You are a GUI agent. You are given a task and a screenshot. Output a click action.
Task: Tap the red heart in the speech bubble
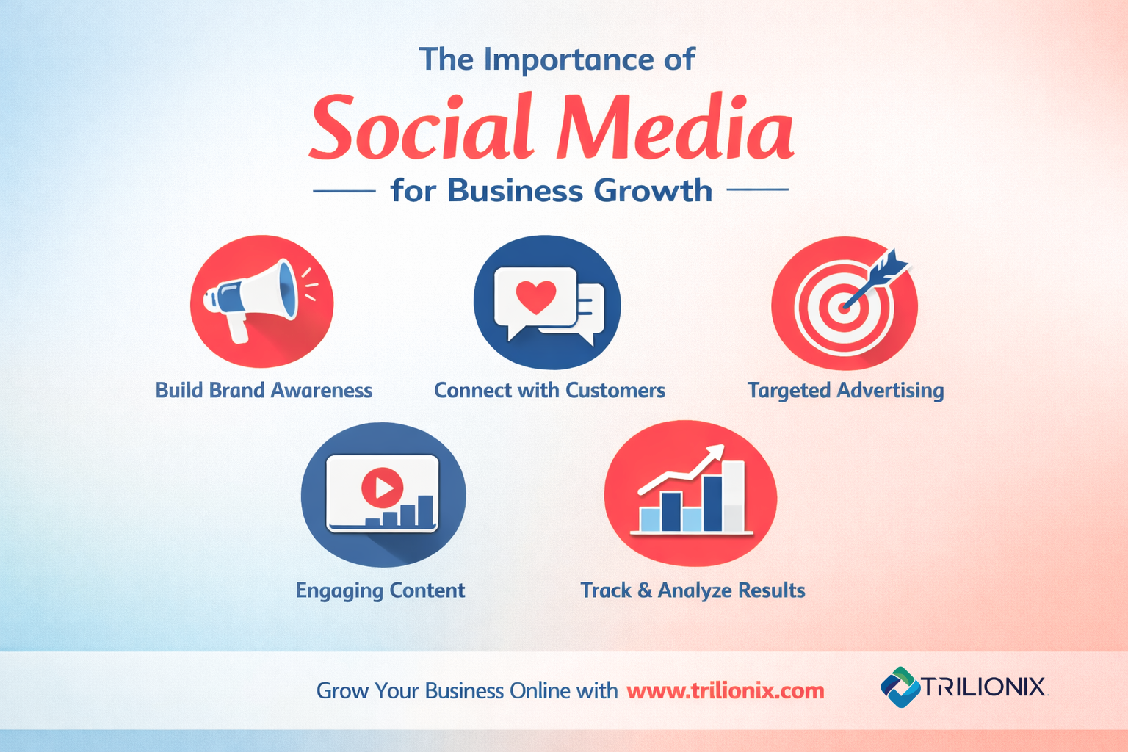[535, 296]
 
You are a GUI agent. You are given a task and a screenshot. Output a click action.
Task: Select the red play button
[382, 486]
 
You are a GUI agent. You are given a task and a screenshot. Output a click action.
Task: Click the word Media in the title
[675, 129]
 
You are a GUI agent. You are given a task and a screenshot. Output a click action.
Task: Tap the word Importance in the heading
[570, 59]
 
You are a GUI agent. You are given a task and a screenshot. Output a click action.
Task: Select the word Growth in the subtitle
[653, 191]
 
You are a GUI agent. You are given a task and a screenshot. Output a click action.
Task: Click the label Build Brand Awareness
[264, 390]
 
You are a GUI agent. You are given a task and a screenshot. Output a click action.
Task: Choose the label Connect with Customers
[549, 390]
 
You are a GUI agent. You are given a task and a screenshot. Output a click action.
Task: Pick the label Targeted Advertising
[845, 390]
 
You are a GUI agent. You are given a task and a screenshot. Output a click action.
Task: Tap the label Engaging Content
[380, 590]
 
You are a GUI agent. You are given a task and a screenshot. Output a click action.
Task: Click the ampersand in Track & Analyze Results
[645, 590]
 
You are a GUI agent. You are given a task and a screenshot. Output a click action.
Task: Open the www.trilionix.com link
[726, 691]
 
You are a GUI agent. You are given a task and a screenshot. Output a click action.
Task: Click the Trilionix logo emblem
[900, 687]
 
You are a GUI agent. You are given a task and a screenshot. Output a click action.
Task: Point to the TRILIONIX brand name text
[983, 687]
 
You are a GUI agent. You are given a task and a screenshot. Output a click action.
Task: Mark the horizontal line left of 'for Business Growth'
[344, 191]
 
